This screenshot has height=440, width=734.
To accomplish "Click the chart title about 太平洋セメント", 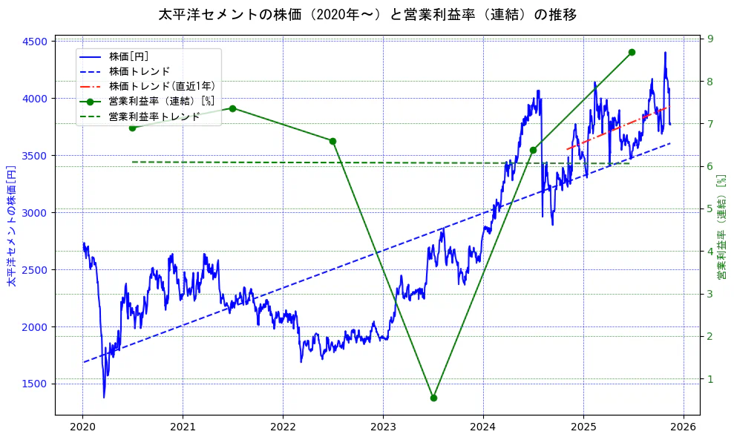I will pyautogui.click(x=367, y=14).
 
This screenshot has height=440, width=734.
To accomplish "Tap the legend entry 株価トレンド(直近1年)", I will pyautogui.click(x=162, y=86).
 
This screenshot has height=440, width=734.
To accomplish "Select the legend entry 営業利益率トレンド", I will pyautogui.click(x=154, y=116).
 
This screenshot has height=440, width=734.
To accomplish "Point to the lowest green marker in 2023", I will pyautogui.click(x=433, y=398).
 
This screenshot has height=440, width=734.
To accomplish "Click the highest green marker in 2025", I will pyautogui.click(x=632, y=52).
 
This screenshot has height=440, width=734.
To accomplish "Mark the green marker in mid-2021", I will pyautogui.click(x=232, y=108).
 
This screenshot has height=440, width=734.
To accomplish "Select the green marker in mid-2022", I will pyautogui.click(x=332, y=141).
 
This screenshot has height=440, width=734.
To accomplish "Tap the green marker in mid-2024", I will pyautogui.click(x=533, y=150).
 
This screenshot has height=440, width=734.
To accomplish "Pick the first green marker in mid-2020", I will pyautogui.click(x=132, y=128).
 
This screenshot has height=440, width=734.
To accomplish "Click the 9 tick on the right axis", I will pyautogui.click(x=710, y=39).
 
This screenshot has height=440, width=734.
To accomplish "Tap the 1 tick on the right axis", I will pyautogui.click(x=710, y=379).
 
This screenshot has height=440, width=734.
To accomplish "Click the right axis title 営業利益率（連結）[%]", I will pyautogui.click(x=721, y=226).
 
